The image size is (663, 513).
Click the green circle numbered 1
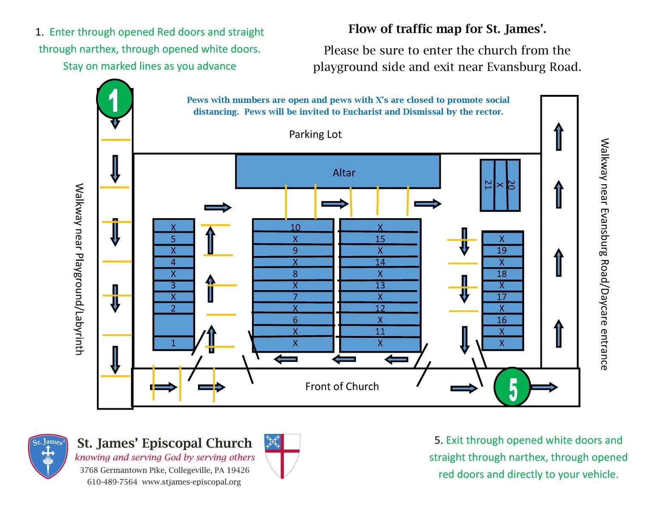[114, 99]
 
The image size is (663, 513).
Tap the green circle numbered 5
[512, 387]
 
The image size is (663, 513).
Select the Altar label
[343, 173]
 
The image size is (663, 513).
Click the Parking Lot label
[315, 134]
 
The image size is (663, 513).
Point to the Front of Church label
[342, 386]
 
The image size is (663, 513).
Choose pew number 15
[380, 239]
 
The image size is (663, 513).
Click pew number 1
[173, 343]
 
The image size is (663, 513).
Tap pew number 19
[501, 251]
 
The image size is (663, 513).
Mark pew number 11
[380, 331]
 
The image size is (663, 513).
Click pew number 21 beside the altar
[487, 185]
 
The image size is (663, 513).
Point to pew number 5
[173, 239]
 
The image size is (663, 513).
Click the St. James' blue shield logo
[48, 456]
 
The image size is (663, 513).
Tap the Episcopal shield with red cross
[282, 456]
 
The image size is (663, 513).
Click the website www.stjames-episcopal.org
[191, 482]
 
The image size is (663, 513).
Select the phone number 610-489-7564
[112, 482]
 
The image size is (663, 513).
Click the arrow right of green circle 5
[544, 387]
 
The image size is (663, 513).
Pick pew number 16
[501, 320]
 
